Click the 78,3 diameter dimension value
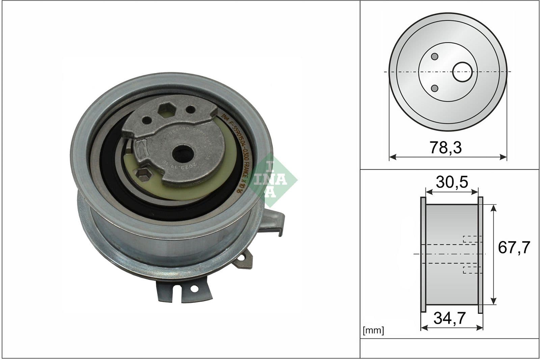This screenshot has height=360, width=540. tap(446, 148)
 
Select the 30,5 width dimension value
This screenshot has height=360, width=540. tap(452, 183)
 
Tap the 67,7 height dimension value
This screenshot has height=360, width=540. tap(514, 247)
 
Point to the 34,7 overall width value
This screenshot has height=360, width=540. tap(450, 318)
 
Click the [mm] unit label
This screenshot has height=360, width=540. tap(373, 330)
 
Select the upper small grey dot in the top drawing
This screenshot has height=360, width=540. tap(435, 56)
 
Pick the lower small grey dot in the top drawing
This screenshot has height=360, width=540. tap(435, 88)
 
